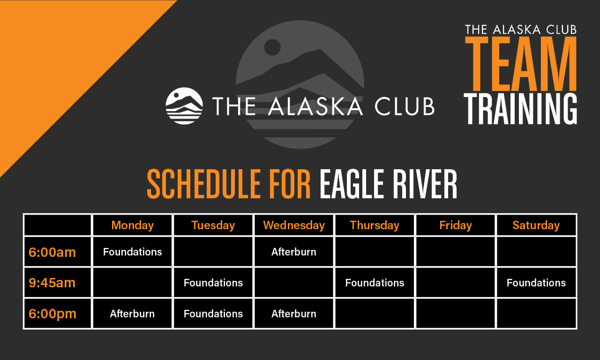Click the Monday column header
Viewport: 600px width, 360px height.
pyautogui.click(x=132, y=225)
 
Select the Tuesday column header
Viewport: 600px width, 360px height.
pyautogui.click(x=213, y=225)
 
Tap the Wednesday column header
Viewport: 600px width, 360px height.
pyautogui.click(x=294, y=225)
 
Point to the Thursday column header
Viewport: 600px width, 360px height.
pyautogui.click(x=375, y=225)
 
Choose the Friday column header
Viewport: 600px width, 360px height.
pyautogui.click(x=455, y=225)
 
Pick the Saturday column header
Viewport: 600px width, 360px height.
pyautogui.click(x=536, y=225)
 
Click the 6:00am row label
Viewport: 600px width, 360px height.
pyautogui.click(x=52, y=252)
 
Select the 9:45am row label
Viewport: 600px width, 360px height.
pyautogui.click(x=52, y=283)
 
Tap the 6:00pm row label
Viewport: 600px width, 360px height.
pyautogui.click(x=52, y=314)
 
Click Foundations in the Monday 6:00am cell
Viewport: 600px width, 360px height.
pyautogui.click(x=132, y=252)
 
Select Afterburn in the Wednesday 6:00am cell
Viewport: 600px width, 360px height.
pyautogui.click(x=294, y=252)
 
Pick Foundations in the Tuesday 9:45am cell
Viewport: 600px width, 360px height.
pyautogui.click(x=213, y=283)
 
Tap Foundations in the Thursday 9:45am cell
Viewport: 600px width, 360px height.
pyautogui.click(x=375, y=283)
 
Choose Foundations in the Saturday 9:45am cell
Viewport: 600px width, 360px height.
pyautogui.click(x=536, y=283)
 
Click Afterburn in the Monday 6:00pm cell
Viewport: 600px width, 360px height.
pyautogui.click(x=132, y=314)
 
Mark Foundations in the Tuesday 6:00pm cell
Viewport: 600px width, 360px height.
pyautogui.click(x=213, y=314)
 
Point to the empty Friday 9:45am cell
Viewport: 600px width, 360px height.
pyautogui.click(x=455, y=283)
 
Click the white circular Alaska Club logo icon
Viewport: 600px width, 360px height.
pyautogui.click(x=184, y=106)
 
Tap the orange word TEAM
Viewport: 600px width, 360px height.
pyautogui.click(x=520, y=64)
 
